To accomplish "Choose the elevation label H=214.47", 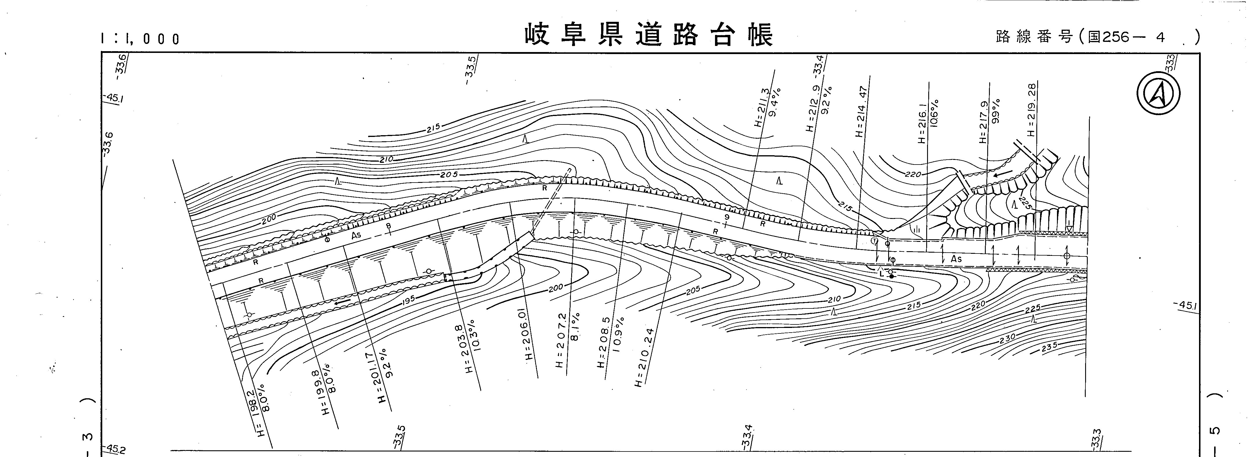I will [x=862, y=112].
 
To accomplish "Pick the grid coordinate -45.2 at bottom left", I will [x=115, y=449].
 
